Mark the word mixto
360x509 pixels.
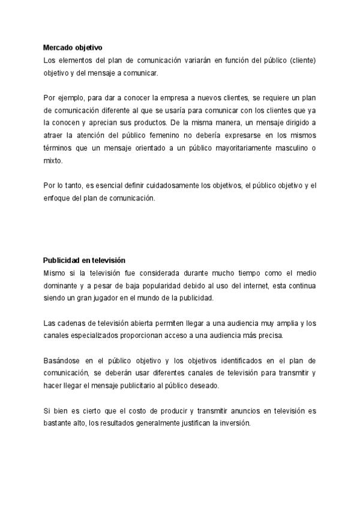53,161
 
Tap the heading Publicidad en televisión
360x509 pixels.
83,260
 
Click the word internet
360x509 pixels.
254,286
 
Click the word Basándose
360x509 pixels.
63,361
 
